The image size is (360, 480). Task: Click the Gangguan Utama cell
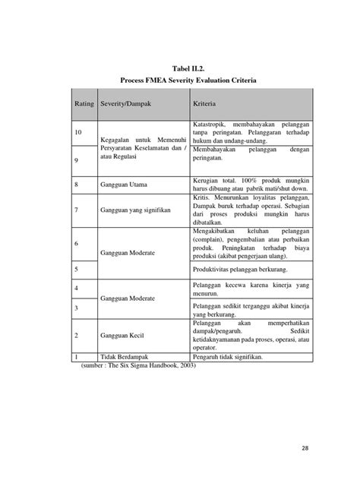click(x=125, y=184)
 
